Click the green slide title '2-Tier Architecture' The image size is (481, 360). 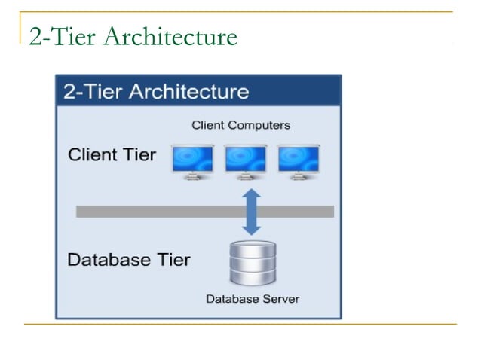point(133,37)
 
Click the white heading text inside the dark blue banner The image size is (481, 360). point(156,92)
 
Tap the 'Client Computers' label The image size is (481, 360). point(240,125)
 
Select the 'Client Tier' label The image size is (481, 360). point(112,155)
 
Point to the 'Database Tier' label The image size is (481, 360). point(129,260)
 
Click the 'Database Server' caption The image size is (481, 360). point(253,299)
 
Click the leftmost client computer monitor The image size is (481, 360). point(193,159)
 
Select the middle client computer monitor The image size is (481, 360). point(246,159)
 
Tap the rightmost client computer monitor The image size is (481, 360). point(299,159)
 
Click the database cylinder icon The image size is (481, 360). point(253,264)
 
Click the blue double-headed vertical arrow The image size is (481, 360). point(252,212)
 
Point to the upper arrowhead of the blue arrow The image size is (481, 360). point(252,195)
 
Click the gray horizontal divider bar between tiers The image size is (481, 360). point(151,212)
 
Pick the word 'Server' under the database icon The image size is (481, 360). point(280,299)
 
